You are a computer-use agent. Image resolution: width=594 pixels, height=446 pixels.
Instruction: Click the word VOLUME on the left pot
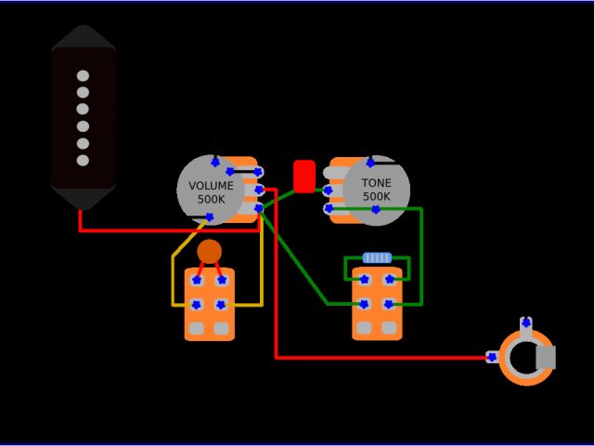click(212, 186)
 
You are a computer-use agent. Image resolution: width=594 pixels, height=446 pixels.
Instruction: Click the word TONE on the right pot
click(377, 183)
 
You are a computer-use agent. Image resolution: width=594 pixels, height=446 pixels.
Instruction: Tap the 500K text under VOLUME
click(212, 200)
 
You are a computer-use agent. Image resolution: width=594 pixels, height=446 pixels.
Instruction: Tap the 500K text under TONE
click(377, 197)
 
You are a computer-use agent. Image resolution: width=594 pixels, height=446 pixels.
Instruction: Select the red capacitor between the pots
click(304, 176)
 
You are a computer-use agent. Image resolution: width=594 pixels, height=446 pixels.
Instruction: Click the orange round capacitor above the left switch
click(210, 251)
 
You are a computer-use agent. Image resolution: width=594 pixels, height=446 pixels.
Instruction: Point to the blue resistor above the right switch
click(377, 257)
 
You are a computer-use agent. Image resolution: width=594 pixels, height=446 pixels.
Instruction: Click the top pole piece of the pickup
click(83, 75)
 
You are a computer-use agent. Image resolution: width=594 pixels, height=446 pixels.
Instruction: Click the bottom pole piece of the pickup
click(83, 160)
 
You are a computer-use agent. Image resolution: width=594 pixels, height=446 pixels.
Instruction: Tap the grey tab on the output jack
click(545, 357)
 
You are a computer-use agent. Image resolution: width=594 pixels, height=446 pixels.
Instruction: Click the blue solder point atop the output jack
click(526, 323)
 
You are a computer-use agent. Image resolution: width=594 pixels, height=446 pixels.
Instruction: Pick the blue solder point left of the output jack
click(492, 357)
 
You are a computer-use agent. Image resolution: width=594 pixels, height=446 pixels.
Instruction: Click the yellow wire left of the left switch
click(173, 279)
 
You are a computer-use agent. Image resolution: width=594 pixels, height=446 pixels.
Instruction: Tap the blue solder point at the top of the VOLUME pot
click(215, 162)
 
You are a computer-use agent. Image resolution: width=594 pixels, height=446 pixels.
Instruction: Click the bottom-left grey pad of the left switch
click(197, 328)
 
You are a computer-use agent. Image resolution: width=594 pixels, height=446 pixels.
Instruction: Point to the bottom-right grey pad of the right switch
click(389, 327)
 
